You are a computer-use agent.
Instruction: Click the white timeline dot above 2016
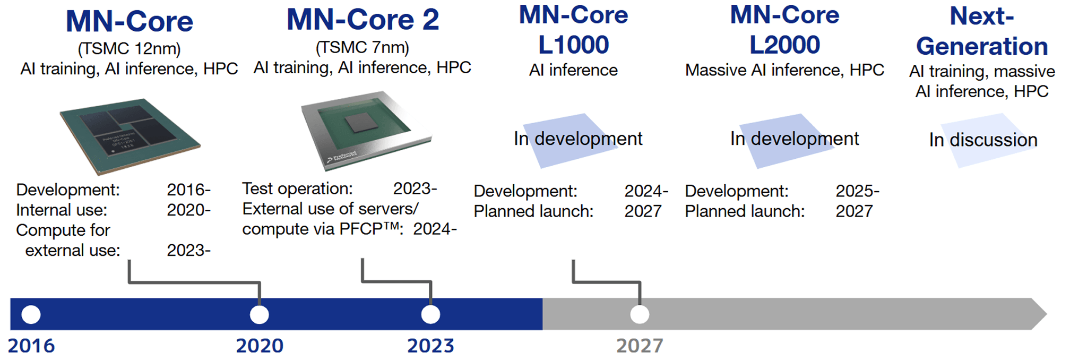click(31, 314)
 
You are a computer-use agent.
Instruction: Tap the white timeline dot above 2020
click(260, 314)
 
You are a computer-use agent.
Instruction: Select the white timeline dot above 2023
click(430, 314)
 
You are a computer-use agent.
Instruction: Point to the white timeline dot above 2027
click(640, 314)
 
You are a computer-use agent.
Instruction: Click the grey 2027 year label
click(640, 346)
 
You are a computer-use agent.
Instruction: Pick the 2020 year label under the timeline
click(260, 346)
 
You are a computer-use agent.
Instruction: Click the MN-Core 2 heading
click(363, 20)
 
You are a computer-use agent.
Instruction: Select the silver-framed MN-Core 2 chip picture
click(366, 131)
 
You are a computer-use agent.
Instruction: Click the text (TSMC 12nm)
click(129, 49)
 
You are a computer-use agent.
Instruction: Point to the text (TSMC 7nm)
click(363, 48)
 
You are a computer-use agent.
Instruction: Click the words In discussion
click(983, 140)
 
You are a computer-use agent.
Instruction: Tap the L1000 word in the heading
click(573, 45)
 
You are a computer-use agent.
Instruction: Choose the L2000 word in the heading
click(784, 45)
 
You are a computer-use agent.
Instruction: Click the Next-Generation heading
click(982, 31)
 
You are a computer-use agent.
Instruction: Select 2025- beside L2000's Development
click(857, 191)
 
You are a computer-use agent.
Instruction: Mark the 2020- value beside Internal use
click(188, 210)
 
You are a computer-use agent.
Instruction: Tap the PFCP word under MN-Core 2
click(361, 229)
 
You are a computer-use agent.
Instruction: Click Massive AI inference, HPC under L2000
click(784, 70)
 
